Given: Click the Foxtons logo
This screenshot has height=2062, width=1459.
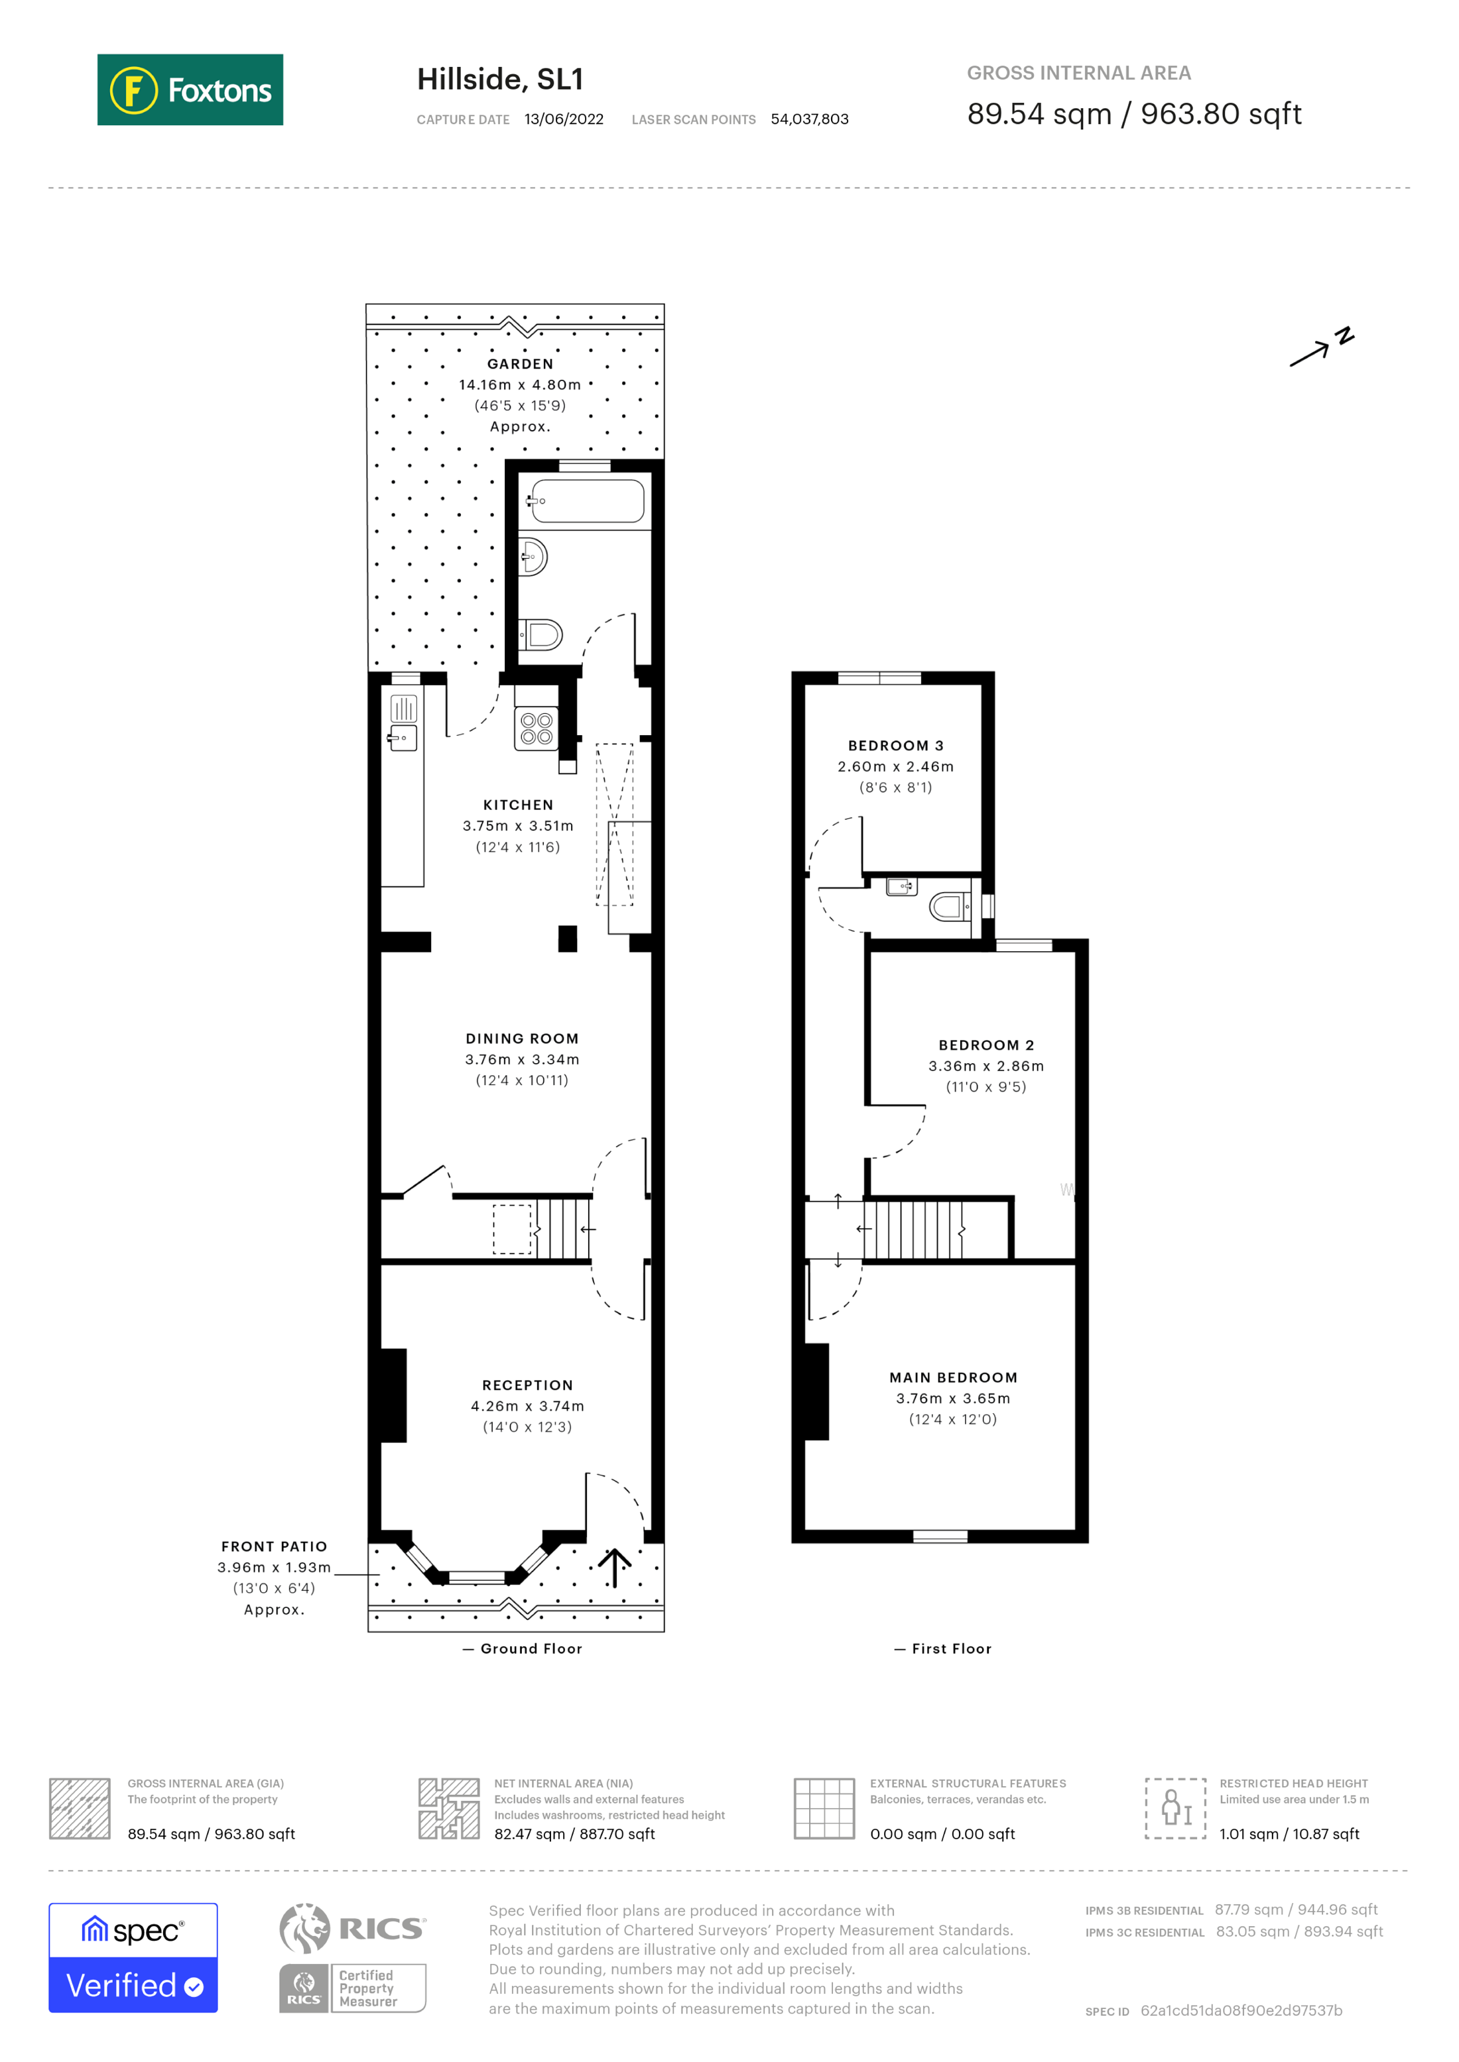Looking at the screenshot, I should pyautogui.click(x=190, y=89).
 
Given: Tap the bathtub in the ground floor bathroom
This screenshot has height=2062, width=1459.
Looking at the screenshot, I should pyautogui.click(x=587, y=501).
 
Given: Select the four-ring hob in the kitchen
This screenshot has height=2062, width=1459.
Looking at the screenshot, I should pyautogui.click(x=537, y=728).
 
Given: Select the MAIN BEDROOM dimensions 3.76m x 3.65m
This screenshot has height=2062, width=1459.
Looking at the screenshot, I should pyautogui.click(x=952, y=1399).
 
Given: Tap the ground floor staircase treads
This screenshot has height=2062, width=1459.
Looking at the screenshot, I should pyautogui.click(x=563, y=1229).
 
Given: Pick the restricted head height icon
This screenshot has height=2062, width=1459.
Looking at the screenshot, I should pyautogui.click(x=1175, y=1809).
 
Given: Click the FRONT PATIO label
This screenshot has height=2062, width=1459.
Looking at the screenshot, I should pyautogui.click(x=274, y=1546).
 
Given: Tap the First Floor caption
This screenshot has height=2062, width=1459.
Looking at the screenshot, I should pyautogui.click(x=950, y=1649).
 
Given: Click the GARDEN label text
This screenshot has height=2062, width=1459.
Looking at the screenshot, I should pyautogui.click(x=520, y=364).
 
